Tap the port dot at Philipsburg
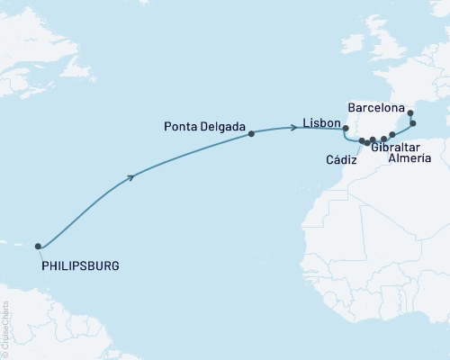click(x=38, y=246)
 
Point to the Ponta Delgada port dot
click(x=251, y=134)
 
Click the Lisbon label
click(x=321, y=123)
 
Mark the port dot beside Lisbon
click(x=346, y=129)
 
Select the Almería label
click(x=409, y=159)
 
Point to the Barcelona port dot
click(x=410, y=113)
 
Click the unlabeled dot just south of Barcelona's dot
click(x=413, y=123)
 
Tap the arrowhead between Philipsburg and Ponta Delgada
click(x=133, y=176)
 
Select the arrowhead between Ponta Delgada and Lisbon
click(x=293, y=128)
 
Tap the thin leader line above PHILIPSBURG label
click(x=40, y=255)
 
